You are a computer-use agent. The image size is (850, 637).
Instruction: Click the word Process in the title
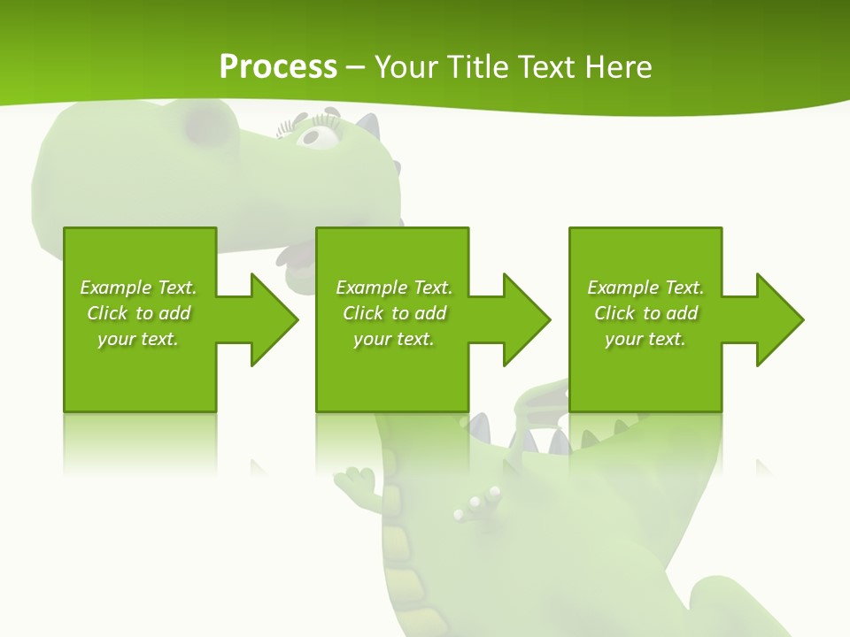[277, 67]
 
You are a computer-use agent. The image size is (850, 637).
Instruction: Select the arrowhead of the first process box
[274, 319]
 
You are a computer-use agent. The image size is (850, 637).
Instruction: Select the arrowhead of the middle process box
[527, 319]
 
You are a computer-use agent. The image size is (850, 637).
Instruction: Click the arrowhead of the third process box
[780, 319]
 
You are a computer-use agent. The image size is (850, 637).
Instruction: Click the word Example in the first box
[116, 288]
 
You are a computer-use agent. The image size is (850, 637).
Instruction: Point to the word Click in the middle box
[363, 313]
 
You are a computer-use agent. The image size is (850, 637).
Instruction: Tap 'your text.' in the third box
[645, 339]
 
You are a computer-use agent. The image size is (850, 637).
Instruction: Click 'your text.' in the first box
[137, 339]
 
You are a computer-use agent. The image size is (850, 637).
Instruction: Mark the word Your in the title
[404, 67]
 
